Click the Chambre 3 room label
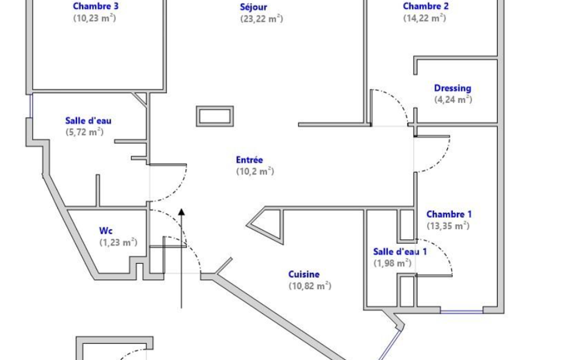[x=96, y=6]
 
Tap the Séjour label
[x=254, y=7]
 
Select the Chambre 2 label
[x=426, y=6]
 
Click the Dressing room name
[x=452, y=88]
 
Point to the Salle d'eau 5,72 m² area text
[x=84, y=132]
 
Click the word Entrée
[x=249, y=160]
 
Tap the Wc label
[x=106, y=231]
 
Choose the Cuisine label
[x=304, y=274]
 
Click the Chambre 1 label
[x=449, y=214]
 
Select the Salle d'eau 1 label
[x=400, y=251]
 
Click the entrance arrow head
[x=182, y=212]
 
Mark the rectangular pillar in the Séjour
[x=215, y=116]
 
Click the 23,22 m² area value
[x=261, y=18]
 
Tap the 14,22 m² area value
[x=424, y=18]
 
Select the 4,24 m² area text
[x=453, y=99]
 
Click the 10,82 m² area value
[x=310, y=286]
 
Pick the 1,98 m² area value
[x=392, y=263]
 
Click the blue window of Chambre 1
[x=462, y=311]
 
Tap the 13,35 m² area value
[x=448, y=225]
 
